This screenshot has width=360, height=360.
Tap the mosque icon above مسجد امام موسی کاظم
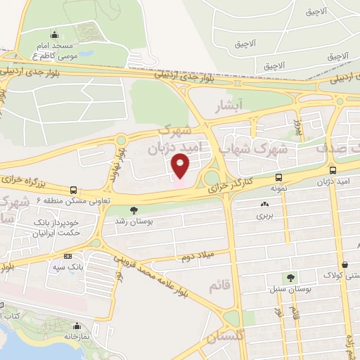point(55,34)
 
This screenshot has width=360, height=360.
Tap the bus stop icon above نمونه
point(279,178)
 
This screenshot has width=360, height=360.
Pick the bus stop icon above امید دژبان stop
point(332,169)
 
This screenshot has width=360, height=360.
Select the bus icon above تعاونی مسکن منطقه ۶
point(74,189)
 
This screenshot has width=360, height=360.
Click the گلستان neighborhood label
point(226,338)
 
